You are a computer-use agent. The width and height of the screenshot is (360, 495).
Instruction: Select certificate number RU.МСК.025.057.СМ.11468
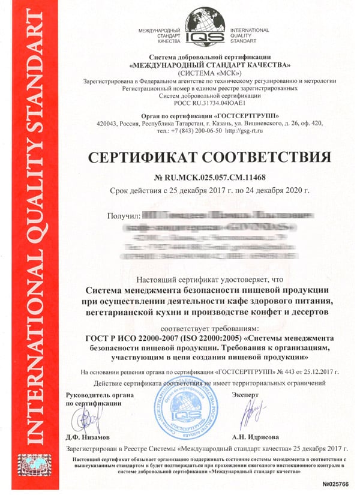215,178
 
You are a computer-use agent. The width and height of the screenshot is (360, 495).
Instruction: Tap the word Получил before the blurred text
123,215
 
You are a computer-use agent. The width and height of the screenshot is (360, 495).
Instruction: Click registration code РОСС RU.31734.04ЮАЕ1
206,103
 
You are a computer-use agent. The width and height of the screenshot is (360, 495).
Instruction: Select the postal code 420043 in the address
108,123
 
